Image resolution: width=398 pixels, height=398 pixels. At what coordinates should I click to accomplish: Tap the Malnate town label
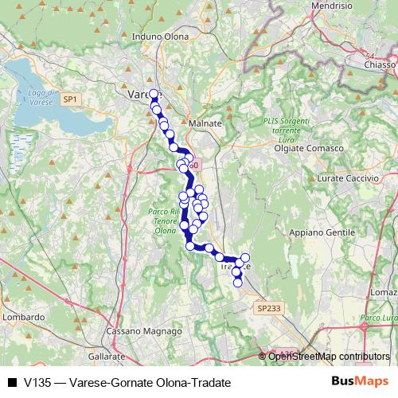(x=205, y=123)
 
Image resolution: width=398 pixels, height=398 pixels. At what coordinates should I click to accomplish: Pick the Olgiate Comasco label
(x=308, y=149)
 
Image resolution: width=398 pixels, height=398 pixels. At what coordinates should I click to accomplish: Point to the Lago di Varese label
(x=40, y=98)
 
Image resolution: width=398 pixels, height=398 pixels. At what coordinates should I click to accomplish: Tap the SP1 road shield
(x=71, y=99)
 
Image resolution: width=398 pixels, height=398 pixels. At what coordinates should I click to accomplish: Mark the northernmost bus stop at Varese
(x=154, y=94)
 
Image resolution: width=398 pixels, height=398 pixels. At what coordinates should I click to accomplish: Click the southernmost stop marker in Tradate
(x=237, y=283)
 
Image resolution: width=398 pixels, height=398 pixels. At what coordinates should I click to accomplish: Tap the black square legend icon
(x=12, y=383)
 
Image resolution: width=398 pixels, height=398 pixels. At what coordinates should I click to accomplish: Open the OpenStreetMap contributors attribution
(x=329, y=357)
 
